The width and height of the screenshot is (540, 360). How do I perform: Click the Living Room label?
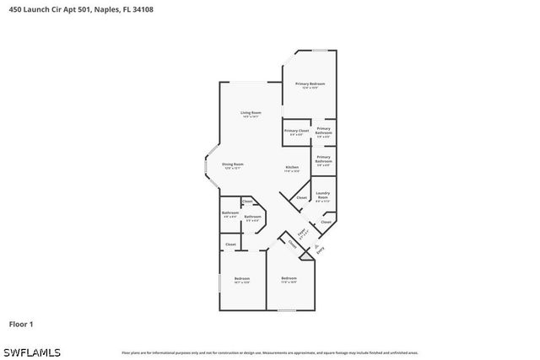click(251, 112)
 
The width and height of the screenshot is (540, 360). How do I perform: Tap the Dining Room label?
click(233, 164)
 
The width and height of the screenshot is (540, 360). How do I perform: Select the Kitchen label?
click(292, 167)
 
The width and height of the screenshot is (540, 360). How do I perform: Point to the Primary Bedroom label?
click(310, 83)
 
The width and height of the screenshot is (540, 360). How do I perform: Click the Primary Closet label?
click(296, 131)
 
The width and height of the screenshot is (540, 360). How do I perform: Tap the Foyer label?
click(301, 231)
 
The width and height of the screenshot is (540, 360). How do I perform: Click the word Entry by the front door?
click(321, 250)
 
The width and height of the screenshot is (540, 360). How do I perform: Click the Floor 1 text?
click(20, 324)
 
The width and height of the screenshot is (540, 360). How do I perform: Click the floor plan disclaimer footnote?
click(269, 352)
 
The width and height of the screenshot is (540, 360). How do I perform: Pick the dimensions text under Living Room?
click(251, 116)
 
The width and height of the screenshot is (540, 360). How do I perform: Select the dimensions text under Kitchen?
click(292, 171)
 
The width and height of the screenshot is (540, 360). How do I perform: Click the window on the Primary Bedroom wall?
click(320, 51)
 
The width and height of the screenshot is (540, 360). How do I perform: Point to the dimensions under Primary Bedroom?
click(310, 88)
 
